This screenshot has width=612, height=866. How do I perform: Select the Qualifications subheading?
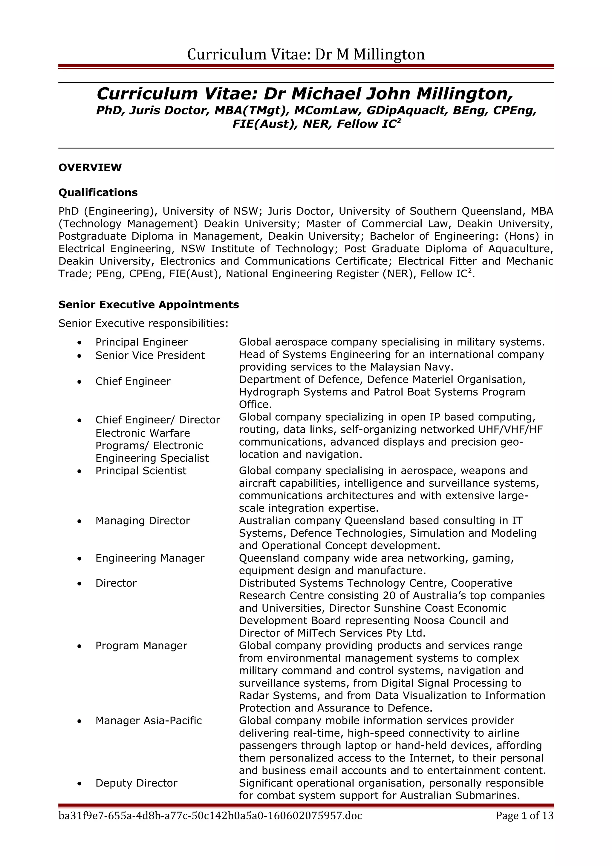[98, 192]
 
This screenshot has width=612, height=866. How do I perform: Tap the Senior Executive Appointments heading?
[149, 305]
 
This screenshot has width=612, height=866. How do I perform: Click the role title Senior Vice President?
[150, 355]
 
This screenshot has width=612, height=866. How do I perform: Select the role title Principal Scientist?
[141, 471]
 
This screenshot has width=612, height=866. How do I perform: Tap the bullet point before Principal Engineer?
[79, 342]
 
